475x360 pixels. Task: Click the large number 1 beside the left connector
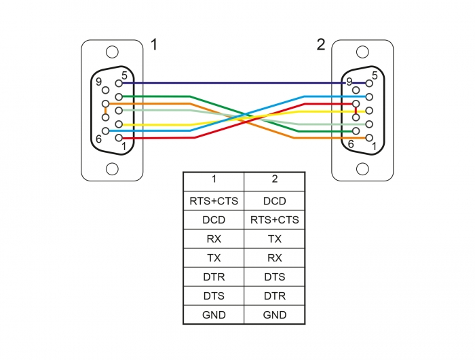click(154, 46)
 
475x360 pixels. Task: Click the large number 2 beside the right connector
click(320, 46)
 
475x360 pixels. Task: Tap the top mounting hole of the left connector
click(112, 52)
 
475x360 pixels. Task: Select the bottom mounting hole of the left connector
click(112, 168)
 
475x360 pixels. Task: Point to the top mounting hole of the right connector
click(362, 52)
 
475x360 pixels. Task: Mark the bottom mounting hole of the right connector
click(362, 168)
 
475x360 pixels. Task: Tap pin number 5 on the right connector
click(369, 83)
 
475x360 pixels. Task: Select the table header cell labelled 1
click(213, 180)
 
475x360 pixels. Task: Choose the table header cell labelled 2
click(274, 180)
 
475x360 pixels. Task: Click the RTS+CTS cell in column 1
click(213, 201)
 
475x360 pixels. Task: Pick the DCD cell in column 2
click(274, 201)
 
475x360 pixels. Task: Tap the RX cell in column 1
click(213, 239)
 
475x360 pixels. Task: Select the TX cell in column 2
click(274, 239)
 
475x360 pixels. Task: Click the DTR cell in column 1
click(213, 277)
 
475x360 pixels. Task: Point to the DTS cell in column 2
click(274, 277)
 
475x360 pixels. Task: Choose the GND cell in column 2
click(274, 315)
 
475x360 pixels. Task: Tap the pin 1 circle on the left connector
click(119, 139)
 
